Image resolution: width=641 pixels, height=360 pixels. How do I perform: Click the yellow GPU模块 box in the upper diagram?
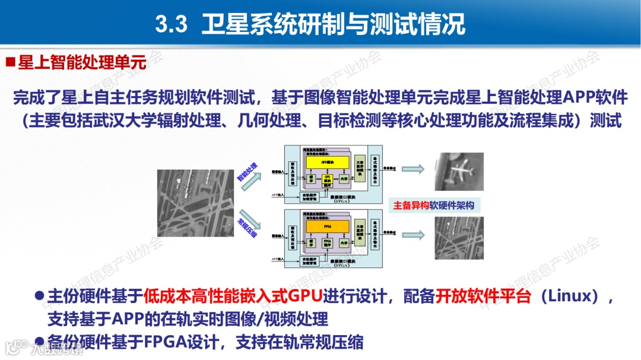(324, 162)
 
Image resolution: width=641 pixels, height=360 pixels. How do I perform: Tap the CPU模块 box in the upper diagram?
(326, 179)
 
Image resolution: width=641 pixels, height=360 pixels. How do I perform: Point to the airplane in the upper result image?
(458, 171)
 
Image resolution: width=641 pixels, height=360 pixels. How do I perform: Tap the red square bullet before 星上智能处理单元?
(10, 62)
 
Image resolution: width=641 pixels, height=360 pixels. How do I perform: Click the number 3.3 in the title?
(171, 24)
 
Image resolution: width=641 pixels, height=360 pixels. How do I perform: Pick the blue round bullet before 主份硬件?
(39, 295)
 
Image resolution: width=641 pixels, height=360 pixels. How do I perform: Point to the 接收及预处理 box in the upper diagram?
(293, 171)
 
